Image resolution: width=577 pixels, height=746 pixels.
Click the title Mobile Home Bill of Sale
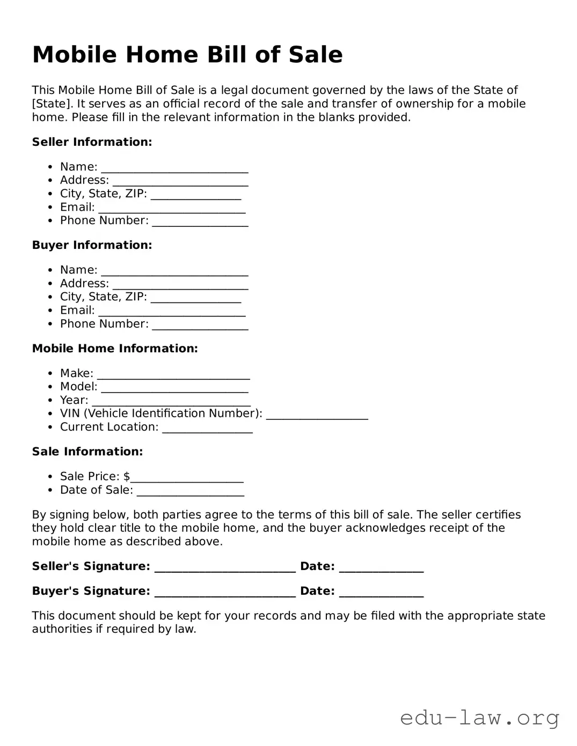[187, 55]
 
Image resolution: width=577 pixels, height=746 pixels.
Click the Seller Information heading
[92, 142]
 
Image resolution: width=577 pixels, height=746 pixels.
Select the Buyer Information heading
[92, 245]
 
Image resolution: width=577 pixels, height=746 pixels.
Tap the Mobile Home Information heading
[115, 349]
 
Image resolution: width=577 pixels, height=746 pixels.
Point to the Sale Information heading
[87, 452]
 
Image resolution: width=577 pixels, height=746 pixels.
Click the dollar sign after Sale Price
[127, 476]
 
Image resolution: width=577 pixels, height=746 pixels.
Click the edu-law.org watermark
[479, 718]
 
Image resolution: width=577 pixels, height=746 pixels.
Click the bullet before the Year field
[50, 401]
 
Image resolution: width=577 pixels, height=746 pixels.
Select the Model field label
[78, 387]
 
